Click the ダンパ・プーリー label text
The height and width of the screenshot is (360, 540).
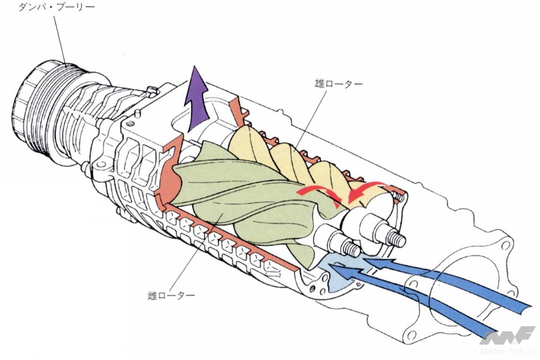(56, 7)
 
